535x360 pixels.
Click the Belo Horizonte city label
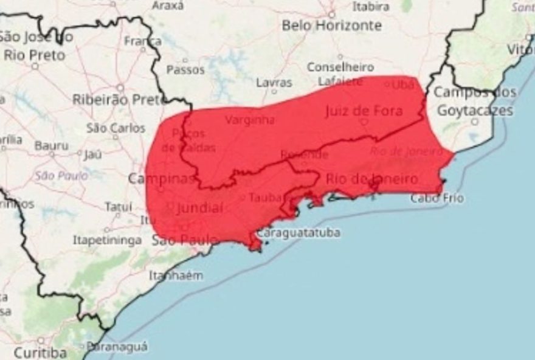click(x=331, y=26)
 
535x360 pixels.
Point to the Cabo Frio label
click(x=437, y=198)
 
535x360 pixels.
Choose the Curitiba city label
click(x=40, y=352)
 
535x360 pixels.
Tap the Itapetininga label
click(x=107, y=240)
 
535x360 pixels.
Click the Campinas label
click(x=162, y=179)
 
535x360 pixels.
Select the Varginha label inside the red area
click(x=250, y=120)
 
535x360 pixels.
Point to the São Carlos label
click(x=116, y=128)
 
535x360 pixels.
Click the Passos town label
click(x=185, y=70)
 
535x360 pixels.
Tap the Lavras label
click(x=274, y=83)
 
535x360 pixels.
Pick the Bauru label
click(x=51, y=145)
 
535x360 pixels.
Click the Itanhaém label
click(x=176, y=275)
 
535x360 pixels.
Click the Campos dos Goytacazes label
click(x=475, y=102)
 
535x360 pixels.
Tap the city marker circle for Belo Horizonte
click(x=332, y=13)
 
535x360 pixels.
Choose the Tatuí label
click(x=118, y=207)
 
